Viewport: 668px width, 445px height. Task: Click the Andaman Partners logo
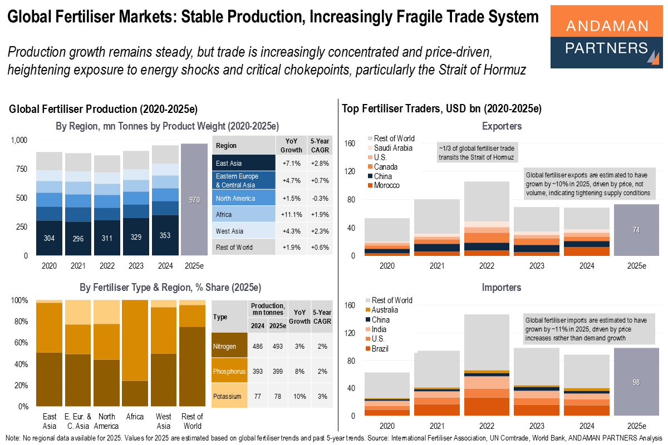[x=606, y=36]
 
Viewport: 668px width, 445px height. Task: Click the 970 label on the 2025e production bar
[x=194, y=200]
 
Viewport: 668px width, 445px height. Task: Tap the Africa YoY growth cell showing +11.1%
[x=291, y=214]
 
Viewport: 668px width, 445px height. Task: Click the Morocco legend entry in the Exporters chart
[x=386, y=185]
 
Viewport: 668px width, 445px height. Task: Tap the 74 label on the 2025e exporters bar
[x=636, y=230]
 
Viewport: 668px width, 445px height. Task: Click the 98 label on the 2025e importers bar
[x=636, y=382]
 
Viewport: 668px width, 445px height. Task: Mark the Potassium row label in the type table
[x=229, y=396]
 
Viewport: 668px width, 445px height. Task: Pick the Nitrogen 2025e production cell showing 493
[x=277, y=346]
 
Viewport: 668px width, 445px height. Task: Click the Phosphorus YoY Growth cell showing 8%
[x=298, y=370]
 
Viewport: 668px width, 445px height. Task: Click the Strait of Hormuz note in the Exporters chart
[x=477, y=152]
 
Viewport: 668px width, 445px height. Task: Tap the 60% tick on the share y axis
[x=20, y=343]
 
